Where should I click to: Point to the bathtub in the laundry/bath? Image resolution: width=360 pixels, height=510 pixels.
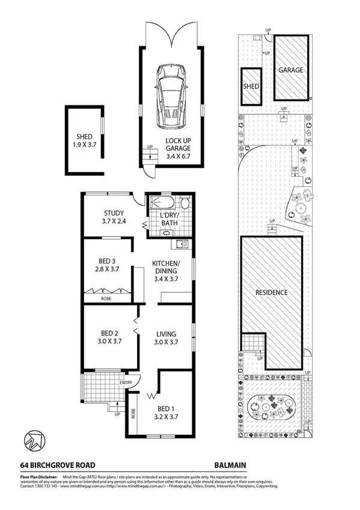162,203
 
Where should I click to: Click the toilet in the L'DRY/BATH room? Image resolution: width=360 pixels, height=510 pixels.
185,204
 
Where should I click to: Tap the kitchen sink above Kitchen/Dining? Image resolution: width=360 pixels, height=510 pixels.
182,244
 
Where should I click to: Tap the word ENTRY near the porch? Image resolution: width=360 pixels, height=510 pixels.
126,382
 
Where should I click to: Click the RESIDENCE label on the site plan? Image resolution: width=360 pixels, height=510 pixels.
271,293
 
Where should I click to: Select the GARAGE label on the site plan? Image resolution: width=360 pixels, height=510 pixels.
290,70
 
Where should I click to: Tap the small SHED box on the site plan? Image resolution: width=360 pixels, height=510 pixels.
251,86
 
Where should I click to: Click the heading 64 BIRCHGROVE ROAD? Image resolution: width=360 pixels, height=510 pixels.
57,464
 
